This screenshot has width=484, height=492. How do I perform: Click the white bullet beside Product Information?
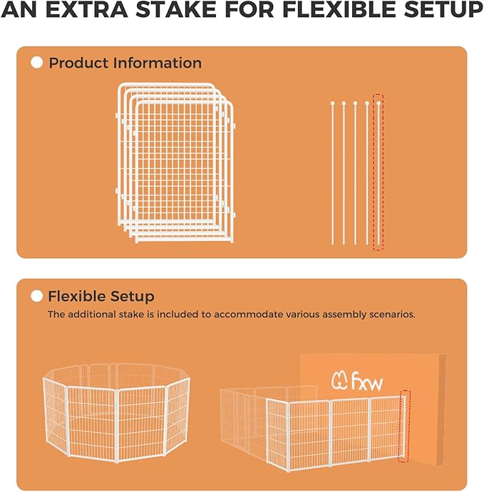pos(37,63)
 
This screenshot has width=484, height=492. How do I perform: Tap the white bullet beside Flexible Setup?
pos(37,296)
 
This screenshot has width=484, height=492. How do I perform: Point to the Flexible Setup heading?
pos(101,296)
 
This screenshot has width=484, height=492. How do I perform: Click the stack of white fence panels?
pos(176,163)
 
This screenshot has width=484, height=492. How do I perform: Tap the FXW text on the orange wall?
pos(367,381)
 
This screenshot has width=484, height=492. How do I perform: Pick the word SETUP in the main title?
pos(440,11)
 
